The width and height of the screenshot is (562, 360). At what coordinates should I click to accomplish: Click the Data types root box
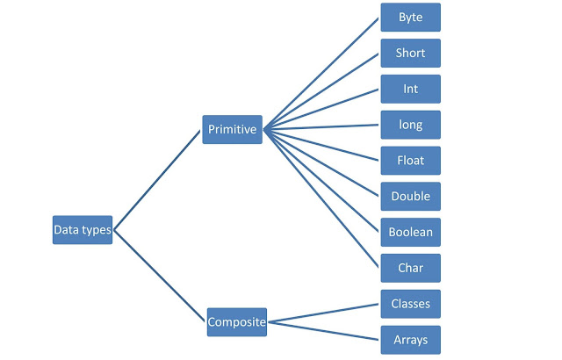click(83, 230)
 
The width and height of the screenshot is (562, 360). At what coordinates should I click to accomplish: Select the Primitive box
click(232, 130)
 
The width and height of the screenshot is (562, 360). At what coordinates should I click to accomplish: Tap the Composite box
click(236, 322)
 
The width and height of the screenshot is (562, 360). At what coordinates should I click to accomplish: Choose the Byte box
click(410, 18)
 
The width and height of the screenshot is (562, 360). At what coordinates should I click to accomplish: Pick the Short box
click(410, 54)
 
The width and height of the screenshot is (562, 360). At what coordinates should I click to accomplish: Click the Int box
click(410, 89)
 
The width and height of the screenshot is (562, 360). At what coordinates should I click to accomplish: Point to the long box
click(410, 125)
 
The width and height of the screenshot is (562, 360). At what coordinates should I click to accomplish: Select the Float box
click(410, 161)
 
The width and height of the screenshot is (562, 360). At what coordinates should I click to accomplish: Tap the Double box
click(410, 197)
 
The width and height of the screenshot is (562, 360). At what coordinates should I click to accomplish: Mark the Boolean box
click(410, 233)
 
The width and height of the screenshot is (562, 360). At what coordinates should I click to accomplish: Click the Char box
click(410, 268)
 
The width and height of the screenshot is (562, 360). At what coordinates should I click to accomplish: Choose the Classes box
click(410, 304)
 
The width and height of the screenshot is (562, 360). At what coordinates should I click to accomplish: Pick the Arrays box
click(410, 339)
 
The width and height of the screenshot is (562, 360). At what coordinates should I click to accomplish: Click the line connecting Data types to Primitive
click(158, 180)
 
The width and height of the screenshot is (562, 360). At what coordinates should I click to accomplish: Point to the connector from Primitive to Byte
click(321, 74)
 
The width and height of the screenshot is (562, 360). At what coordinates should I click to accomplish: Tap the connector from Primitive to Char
click(321, 198)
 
